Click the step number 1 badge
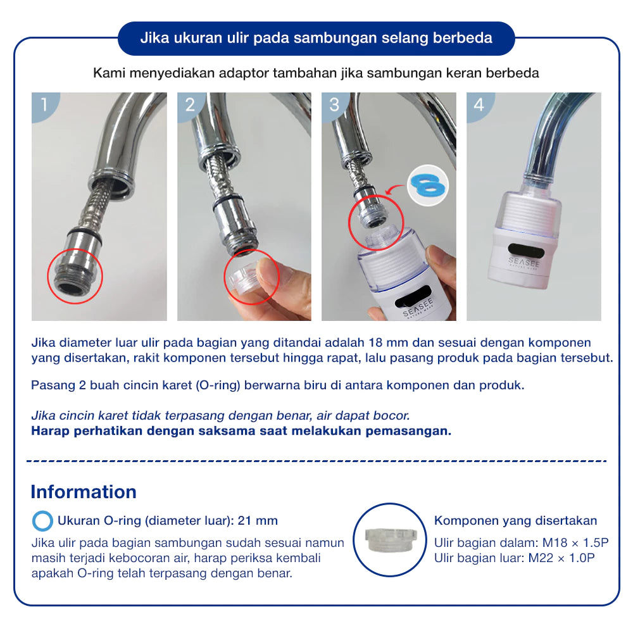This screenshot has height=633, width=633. [43, 104]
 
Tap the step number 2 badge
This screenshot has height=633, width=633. [189, 104]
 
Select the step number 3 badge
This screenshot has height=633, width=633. [334, 104]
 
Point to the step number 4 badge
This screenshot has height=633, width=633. [479, 104]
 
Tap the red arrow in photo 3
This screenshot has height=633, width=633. [394, 189]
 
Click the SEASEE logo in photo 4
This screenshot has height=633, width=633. [523, 263]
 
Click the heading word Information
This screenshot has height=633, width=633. [84, 492]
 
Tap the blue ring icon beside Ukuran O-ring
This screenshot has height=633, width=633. [42, 521]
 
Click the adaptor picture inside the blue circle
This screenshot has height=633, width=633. [389, 540]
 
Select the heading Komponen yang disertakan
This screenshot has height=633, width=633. [515, 521]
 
